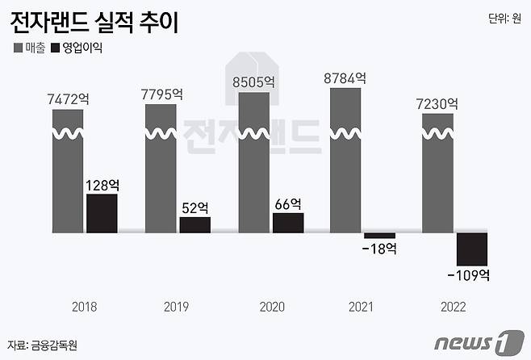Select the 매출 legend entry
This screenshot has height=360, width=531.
(30, 47)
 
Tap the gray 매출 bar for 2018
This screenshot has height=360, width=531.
(68, 170)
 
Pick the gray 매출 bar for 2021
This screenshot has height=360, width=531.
(346, 161)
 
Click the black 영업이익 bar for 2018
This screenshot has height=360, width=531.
(102, 213)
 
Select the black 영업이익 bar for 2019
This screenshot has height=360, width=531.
(194, 224)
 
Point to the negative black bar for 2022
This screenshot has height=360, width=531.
(472, 249)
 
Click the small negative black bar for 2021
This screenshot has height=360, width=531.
(379, 235)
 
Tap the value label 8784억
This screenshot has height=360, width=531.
(345, 78)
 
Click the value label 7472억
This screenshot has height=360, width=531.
(68, 99)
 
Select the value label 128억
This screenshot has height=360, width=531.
(102, 185)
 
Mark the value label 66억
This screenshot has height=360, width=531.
(287, 203)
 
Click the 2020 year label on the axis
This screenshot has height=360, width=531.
(271, 307)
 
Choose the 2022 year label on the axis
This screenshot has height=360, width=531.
(453, 307)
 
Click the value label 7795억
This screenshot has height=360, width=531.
(161, 94)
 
